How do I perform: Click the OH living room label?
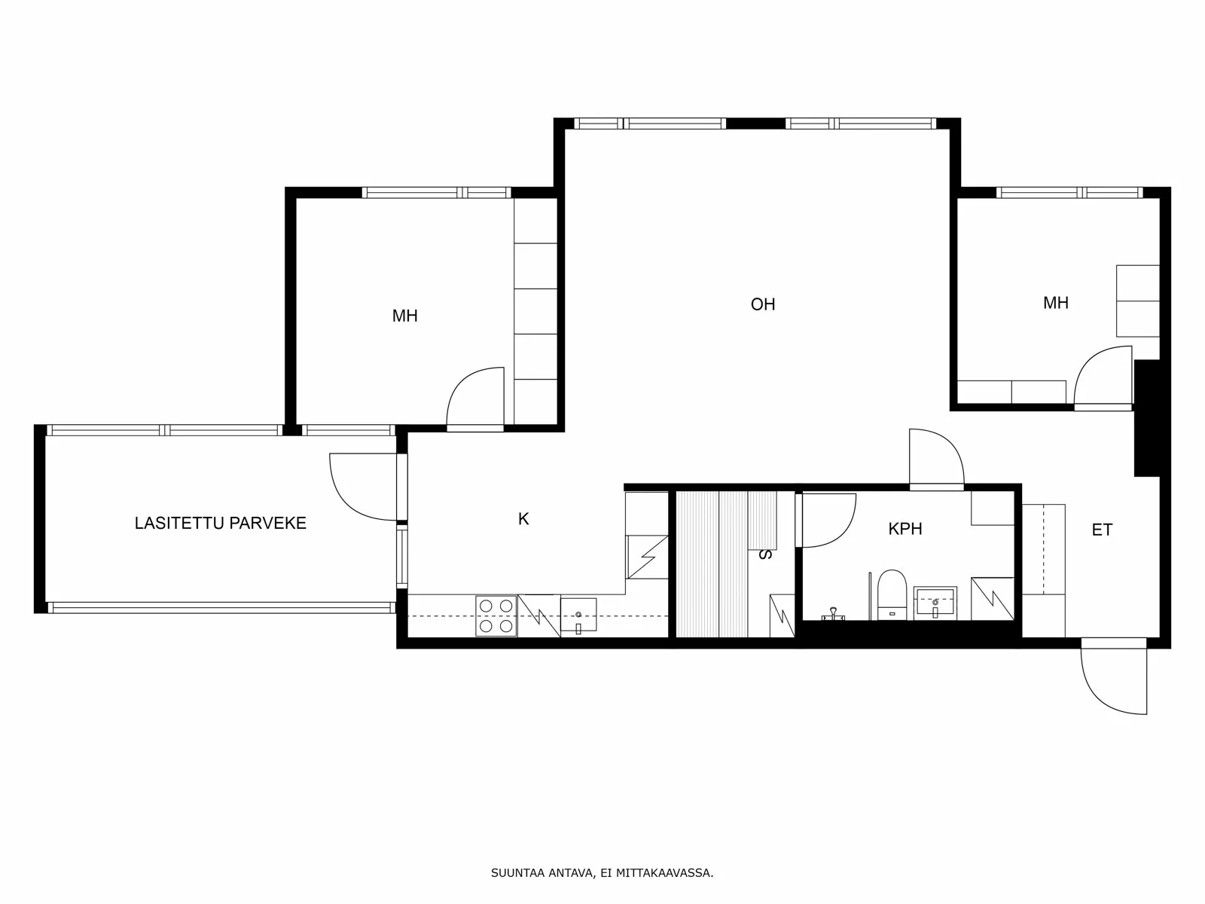point(762,304)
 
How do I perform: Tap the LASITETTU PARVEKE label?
point(220,523)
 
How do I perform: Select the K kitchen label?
point(523,519)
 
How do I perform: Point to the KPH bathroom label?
point(905,529)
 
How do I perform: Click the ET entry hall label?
point(1102,530)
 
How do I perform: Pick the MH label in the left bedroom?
point(404,316)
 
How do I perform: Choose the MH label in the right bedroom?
point(1056,302)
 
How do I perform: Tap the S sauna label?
point(764,554)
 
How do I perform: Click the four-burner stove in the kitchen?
point(496,615)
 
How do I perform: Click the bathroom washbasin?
point(935,603)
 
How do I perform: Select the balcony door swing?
point(363,487)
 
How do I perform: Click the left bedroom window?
point(436,193)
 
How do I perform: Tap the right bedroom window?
point(1069,193)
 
